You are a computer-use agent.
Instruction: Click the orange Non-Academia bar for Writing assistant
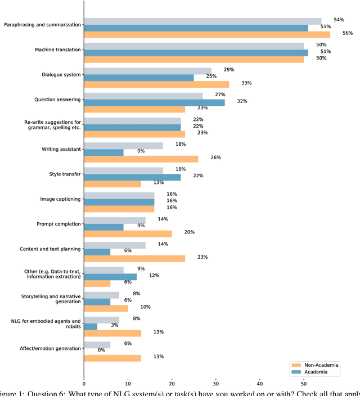[x=141, y=159]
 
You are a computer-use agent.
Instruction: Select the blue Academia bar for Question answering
[x=154, y=102]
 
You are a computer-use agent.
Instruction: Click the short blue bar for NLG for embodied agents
[x=90, y=326]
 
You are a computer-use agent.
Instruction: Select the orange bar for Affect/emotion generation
[x=112, y=358]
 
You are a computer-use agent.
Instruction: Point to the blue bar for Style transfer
[x=132, y=177]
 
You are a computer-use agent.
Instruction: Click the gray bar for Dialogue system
[x=147, y=71]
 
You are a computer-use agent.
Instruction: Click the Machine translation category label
[x=58, y=49]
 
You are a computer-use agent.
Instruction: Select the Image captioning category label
[x=60, y=199]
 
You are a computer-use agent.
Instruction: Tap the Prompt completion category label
[x=58, y=224]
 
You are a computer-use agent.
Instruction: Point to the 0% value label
[x=102, y=350]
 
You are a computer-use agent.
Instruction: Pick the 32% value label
[x=242, y=101]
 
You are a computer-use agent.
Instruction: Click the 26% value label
[x=216, y=157]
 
